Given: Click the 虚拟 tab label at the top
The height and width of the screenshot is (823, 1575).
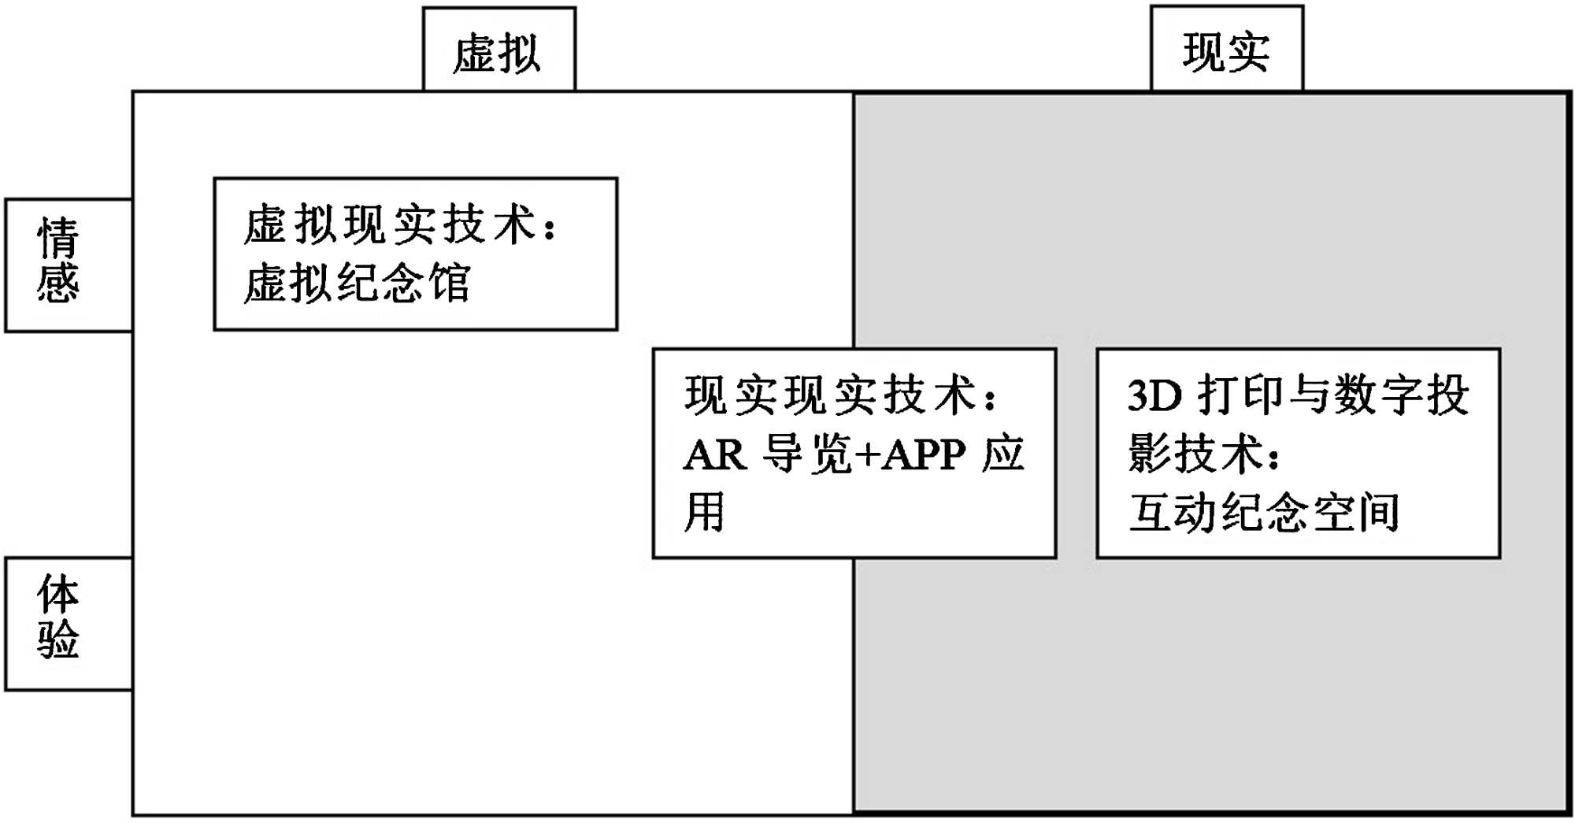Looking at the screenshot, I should tap(498, 54).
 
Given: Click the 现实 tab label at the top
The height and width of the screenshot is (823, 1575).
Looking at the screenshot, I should tap(1225, 53).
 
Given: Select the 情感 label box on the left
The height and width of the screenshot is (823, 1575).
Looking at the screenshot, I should tap(68, 265).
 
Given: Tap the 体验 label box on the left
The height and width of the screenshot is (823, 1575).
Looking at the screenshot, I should tap(68, 623).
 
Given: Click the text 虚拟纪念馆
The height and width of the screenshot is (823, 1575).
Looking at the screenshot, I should tap(357, 284).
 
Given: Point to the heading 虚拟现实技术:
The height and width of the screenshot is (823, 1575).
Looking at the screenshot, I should tap(400, 224).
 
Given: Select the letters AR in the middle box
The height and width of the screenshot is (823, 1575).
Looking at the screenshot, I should tap(714, 454).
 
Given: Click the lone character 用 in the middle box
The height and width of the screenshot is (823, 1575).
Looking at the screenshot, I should tap(703, 512).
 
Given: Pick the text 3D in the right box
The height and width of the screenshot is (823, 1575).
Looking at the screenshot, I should tap(1154, 395).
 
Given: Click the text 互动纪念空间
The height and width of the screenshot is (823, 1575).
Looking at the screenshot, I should tap(1264, 512).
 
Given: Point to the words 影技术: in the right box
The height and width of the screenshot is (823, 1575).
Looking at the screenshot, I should tap(1205, 454).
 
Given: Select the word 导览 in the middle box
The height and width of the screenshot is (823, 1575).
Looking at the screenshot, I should tap(807, 454).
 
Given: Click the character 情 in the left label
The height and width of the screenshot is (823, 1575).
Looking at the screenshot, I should tap(58, 239).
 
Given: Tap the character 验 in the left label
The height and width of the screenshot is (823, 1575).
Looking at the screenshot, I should tap(58, 639).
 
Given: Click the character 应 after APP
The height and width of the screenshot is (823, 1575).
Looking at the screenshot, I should tap(1003, 454).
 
